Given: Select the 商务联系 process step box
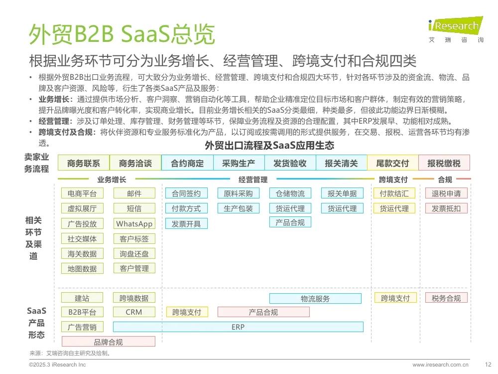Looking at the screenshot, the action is coord(84,163).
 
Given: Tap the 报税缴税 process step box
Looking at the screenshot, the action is coord(444,163).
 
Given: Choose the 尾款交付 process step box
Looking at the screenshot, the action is coord(392,163).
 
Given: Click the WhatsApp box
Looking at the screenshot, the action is coord(134,223).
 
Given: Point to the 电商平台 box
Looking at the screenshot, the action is coord(82,193).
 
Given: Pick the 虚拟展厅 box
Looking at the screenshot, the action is coord(82,208).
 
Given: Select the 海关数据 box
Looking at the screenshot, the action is coord(82,253).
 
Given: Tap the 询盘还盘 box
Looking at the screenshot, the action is coord(134,253).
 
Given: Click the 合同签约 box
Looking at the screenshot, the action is coord(186,193).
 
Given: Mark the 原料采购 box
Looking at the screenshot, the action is coord(238,193).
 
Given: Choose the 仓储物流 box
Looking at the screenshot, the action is coord(290,193).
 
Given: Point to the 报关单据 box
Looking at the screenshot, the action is coord(342,193).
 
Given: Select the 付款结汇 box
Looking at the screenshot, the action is coord(394,193).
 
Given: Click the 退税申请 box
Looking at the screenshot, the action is coord(446,193).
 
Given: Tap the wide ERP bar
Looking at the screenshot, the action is coord(238,327).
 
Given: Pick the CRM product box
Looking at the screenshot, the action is coord(134,312).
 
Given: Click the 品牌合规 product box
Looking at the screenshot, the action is coord(108,342).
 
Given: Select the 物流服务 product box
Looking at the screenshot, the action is coord(315,299).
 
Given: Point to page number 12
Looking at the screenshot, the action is coord(488,365).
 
